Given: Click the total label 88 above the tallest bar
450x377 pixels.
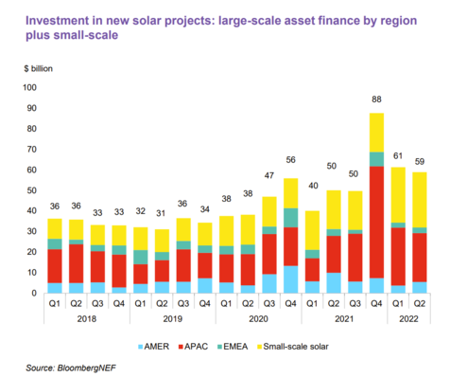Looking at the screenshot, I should click(x=376, y=99).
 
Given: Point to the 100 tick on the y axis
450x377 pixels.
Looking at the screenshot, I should click(x=29, y=87).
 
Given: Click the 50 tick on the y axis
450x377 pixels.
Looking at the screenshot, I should click(x=31, y=190).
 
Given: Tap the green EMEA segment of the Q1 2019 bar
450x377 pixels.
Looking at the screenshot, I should click(x=140, y=257).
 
